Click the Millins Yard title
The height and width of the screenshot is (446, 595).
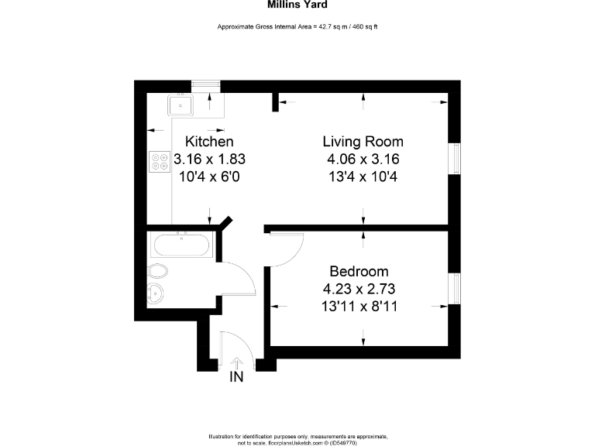(297, 4)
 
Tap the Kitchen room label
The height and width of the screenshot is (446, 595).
(209, 142)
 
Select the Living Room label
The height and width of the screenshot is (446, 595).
(363, 142)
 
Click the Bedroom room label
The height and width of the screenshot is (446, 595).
(358, 272)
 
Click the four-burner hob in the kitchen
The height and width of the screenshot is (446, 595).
(159, 161)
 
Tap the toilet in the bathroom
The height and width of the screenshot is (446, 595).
(159, 271)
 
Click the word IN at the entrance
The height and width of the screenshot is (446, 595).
(237, 377)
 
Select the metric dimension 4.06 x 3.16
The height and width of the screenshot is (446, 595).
(363, 160)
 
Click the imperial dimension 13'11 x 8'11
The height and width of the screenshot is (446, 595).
(358, 306)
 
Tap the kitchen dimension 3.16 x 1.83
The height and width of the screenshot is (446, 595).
(209, 160)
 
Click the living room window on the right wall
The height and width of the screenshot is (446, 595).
(456, 160)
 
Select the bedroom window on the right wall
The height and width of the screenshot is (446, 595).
(456, 290)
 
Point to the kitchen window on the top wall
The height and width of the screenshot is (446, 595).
(205, 84)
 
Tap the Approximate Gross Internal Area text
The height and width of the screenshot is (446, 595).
(297, 27)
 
